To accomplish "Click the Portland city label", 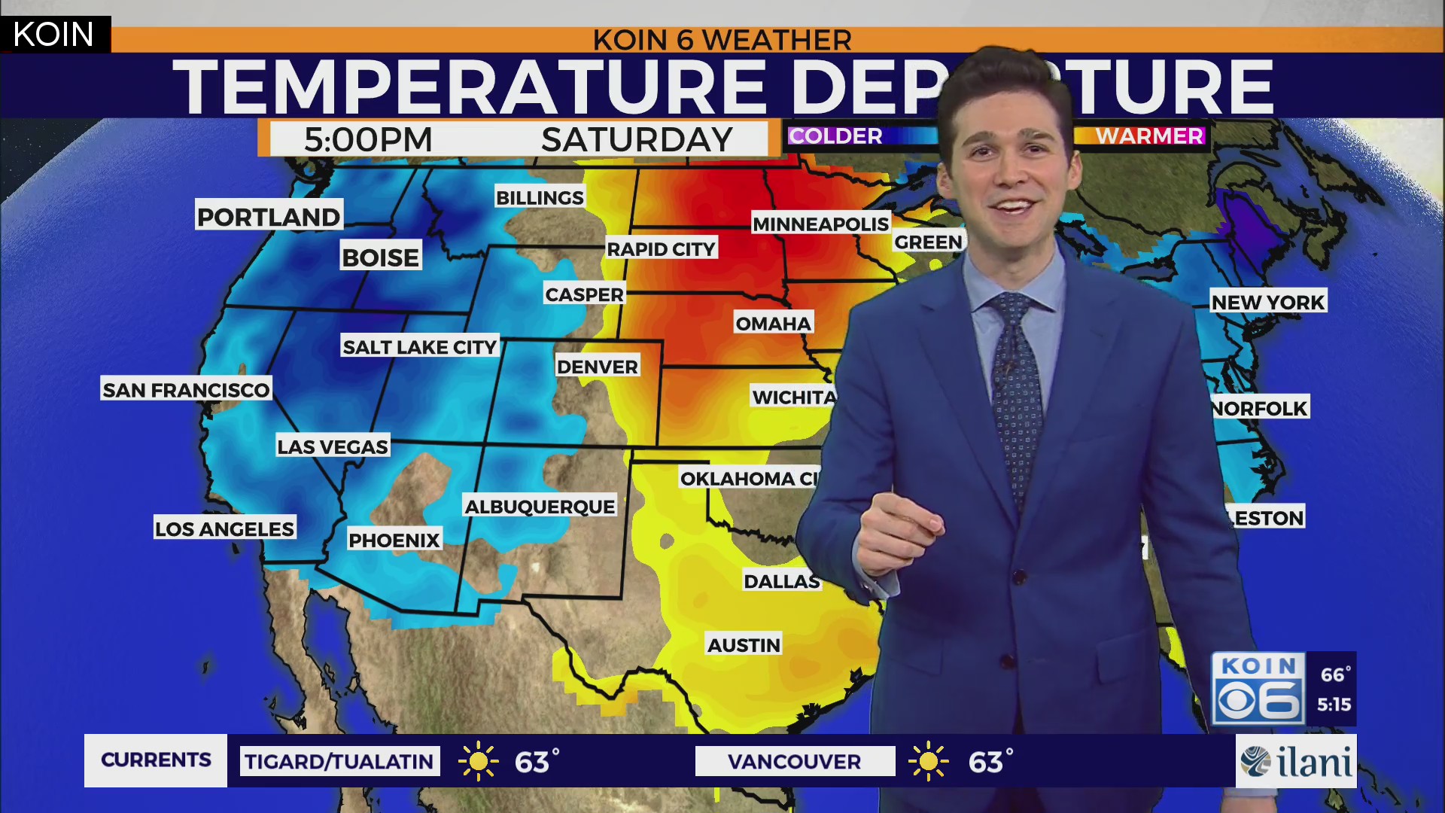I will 269,217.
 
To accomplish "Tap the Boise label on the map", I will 380,257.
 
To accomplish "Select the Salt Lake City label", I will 420,347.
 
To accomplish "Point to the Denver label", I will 598,367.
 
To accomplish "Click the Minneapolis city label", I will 820,224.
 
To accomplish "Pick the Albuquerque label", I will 540,507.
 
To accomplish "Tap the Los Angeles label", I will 224,528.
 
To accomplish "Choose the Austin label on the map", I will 744,645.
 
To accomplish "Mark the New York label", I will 1268,302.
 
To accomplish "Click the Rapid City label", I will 661,249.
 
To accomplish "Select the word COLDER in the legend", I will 835,136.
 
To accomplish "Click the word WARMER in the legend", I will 1149,136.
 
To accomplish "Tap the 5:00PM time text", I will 368,140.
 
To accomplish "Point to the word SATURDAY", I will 637,140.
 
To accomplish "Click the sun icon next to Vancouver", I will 929,761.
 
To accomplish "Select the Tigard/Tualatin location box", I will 339,761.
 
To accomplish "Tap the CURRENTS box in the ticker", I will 156,760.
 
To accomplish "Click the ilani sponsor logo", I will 1296,762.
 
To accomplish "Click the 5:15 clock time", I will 1334,705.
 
